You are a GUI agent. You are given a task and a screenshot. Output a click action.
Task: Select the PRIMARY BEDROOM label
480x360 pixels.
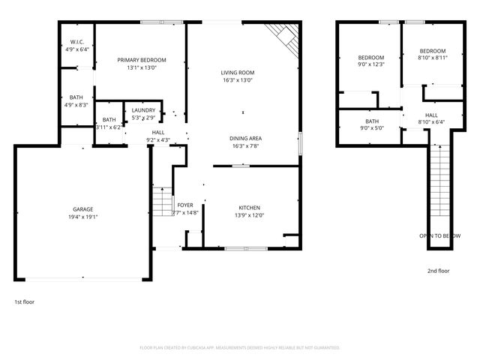tap(142, 60)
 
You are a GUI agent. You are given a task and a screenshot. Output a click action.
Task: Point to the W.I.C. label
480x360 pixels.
tap(76, 42)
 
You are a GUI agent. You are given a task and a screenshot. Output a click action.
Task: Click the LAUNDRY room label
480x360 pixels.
tap(143, 110)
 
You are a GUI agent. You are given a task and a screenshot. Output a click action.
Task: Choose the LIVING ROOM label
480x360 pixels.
tap(238, 73)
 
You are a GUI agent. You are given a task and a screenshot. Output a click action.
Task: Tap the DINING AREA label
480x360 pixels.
tap(245, 138)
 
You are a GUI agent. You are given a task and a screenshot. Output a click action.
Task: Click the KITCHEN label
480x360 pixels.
tap(249, 207)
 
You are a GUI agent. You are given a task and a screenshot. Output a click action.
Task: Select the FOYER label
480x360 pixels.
tap(185, 205)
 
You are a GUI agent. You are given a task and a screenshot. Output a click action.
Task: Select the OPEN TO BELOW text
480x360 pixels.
tap(439, 235)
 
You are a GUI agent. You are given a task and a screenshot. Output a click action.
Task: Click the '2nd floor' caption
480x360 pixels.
tap(438, 271)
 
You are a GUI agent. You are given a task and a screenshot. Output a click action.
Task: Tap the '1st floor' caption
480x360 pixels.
tap(24, 301)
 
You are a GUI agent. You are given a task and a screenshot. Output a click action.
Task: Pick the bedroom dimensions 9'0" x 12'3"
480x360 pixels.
tap(370, 65)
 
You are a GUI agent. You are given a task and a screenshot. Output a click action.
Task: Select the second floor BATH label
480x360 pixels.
tap(372, 121)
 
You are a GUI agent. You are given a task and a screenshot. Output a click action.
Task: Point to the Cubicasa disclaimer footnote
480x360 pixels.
tap(240, 347)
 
